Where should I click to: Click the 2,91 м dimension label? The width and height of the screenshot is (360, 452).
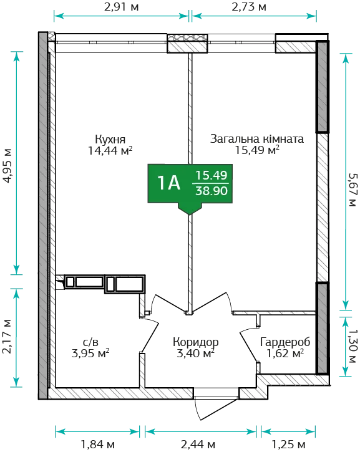(x=122, y=7)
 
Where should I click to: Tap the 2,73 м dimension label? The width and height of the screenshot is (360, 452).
(x=249, y=7)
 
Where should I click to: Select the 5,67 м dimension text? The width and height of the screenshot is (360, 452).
(x=353, y=190)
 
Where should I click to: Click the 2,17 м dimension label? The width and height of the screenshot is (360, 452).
(x=7, y=337)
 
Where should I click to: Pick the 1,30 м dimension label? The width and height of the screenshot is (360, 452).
(x=353, y=346)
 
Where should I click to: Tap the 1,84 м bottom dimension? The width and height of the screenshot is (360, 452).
(x=98, y=445)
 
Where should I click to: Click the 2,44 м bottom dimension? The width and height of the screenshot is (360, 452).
(x=198, y=445)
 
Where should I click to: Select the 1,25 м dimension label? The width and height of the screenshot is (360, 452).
(x=288, y=445)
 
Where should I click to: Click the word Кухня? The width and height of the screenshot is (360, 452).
(x=110, y=139)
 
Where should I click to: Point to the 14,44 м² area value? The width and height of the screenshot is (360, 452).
(x=110, y=150)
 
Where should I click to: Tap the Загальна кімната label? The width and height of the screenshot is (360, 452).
(x=256, y=138)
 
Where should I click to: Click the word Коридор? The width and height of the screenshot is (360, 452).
(x=195, y=342)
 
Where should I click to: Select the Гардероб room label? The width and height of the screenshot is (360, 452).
(x=285, y=342)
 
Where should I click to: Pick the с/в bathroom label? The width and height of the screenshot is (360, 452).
(x=90, y=342)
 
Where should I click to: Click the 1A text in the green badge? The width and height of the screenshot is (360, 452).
(x=168, y=183)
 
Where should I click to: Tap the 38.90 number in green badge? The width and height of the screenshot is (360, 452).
(x=212, y=191)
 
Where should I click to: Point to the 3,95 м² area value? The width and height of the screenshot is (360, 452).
(x=90, y=353)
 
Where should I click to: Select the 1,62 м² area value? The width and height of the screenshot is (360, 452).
(x=285, y=353)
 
